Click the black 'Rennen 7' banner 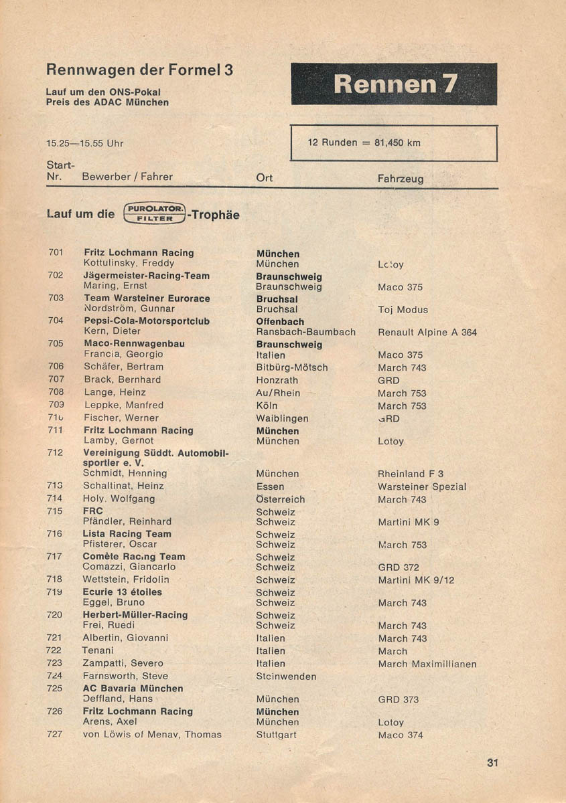pyautogui.click(x=394, y=84)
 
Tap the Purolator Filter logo pyautogui.click(x=155, y=213)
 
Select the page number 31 pyautogui.click(x=494, y=763)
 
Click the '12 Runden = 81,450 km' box pyautogui.click(x=394, y=143)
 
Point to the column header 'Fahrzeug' pyautogui.click(x=401, y=179)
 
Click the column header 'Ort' pyautogui.click(x=265, y=178)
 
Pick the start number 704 pyautogui.click(x=56, y=321)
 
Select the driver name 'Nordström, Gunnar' pyautogui.click(x=129, y=308)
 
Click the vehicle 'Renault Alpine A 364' pyautogui.click(x=427, y=332)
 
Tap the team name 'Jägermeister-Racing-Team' pyautogui.click(x=147, y=276)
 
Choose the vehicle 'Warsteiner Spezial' pyautogui.click(x=422, y=486)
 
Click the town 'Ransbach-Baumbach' pyautogui.click(x=306, y=332)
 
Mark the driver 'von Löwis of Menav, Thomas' pyautogui.click(x=152, y=735)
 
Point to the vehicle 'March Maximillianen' pyautogui.click(x=427, y=664)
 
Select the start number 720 pyautogui.click(x=55, y=614)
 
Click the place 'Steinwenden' pyautogui.click(x=286, y=677)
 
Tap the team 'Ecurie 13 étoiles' pyautogui.click(x=123, y=592)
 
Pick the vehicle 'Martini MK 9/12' pyautogui.click(x=416, y=580)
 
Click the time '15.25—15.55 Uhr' pyautogui.click(x=85, y=143)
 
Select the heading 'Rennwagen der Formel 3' pyautogui.click(x=139, y=70)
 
